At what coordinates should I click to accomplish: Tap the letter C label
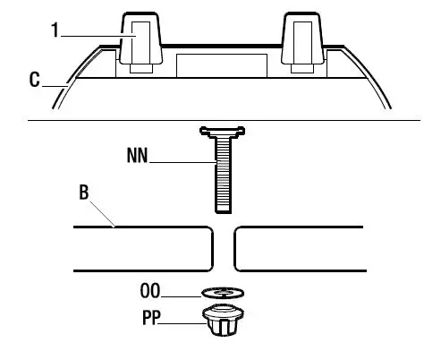(34, 81)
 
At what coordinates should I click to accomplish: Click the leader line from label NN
(179, 161)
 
